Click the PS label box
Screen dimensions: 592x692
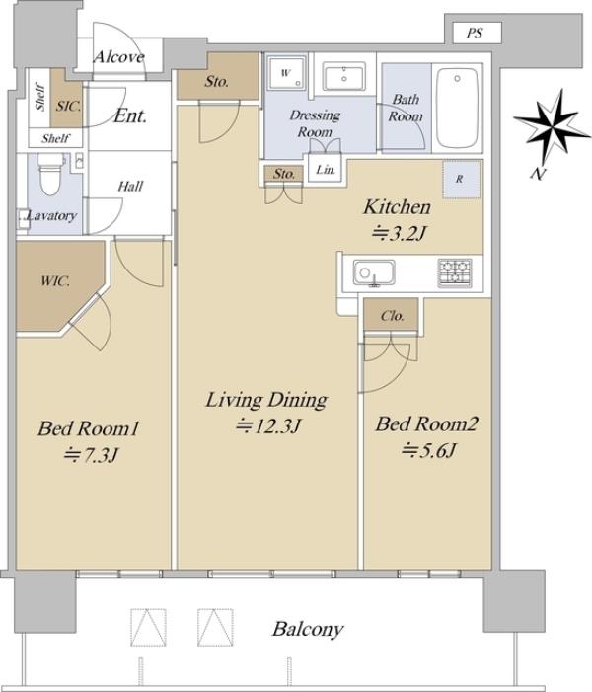coord(478,34)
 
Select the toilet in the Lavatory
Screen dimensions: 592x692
coord(50,175)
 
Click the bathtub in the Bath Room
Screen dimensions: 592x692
coord(457,109)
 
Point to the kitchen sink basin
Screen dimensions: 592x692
coord(374,272)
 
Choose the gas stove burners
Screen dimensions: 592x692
coord(455,272)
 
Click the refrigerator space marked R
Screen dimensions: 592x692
coord(462,180)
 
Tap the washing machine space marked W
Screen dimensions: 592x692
coord(285,73)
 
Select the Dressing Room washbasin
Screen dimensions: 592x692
coord(344,76)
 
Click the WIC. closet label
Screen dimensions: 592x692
coord(55,281)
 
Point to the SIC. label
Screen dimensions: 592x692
coord(68,106)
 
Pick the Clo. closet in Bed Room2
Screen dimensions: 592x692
coord(392,314)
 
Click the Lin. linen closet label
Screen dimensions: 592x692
coord(326,170)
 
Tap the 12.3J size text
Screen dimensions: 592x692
coord(268,425)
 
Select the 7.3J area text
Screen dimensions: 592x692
coord(92,455)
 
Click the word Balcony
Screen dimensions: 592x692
coord(308,630)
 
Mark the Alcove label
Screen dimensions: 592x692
coord(119,57)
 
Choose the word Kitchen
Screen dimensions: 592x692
coord(397,207)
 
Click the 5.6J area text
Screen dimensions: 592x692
coord(429,451)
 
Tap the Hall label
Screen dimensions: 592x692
coord(130,187)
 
